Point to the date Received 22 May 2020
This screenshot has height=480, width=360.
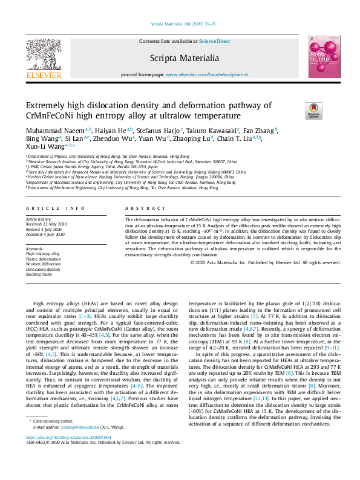[x=47, y=224]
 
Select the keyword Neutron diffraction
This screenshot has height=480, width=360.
[x=44, y=264]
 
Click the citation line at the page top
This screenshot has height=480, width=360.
[x=180, y=24]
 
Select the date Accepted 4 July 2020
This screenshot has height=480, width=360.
[x=45, y=233]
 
